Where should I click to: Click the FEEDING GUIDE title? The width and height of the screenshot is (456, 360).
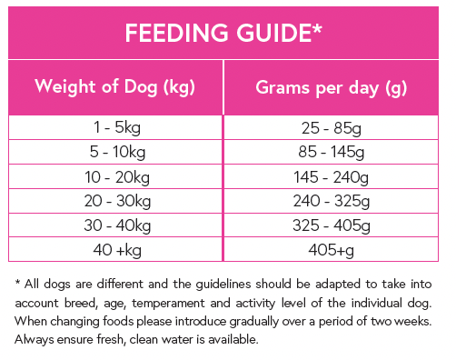tap(223, 34)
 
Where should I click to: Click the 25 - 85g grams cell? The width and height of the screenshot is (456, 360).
tap(332, 128)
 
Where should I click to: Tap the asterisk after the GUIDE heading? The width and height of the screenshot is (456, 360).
tap(317, 29)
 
